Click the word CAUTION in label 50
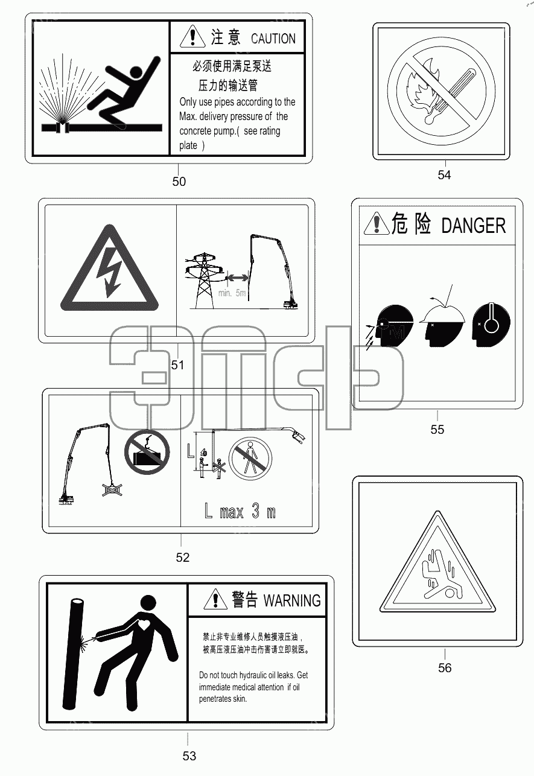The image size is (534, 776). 273,39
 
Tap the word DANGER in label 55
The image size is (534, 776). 474,226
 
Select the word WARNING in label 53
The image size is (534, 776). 292,600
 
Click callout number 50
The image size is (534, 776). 179,182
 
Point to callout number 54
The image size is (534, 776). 444,175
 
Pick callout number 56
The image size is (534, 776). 445,667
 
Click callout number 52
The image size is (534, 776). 182,558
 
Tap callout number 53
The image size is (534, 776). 189,756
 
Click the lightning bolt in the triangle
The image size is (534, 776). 109,272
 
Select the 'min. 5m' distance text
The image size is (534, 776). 232,293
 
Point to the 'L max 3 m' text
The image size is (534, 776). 240,511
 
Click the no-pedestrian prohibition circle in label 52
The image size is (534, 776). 250,459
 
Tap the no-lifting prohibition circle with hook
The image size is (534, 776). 147,452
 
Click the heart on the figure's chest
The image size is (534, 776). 144,625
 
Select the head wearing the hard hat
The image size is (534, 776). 442,325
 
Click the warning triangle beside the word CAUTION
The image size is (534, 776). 193,37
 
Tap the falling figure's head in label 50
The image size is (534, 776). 135,72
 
